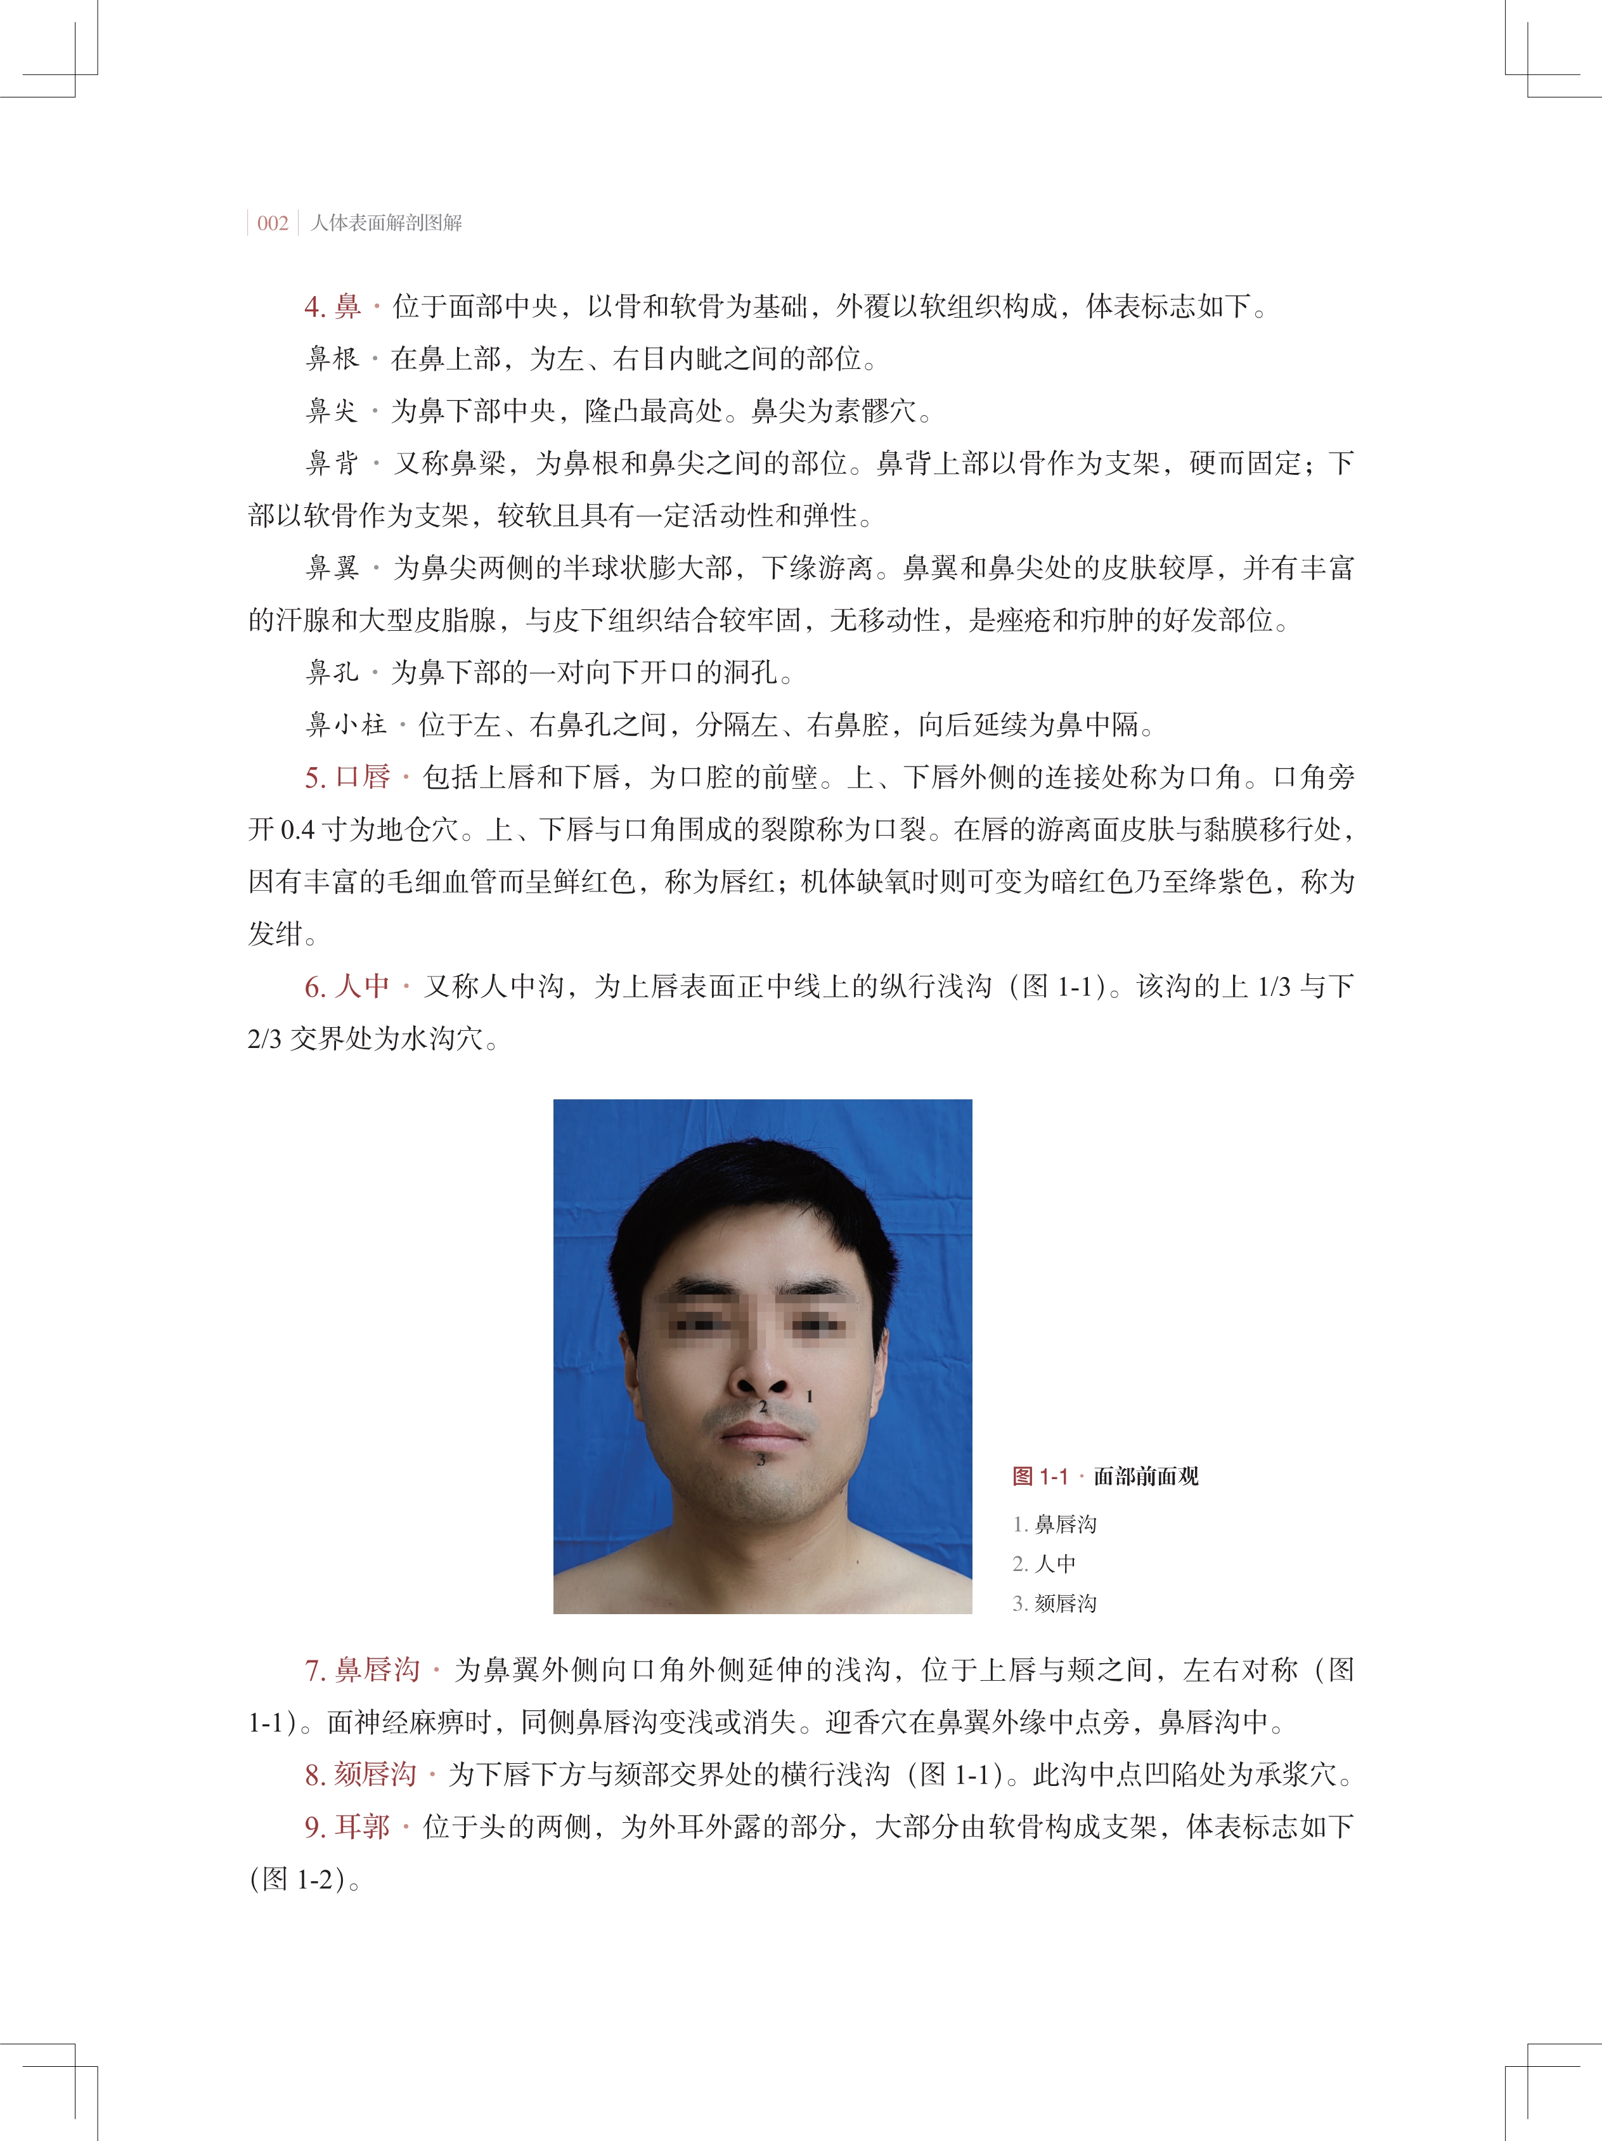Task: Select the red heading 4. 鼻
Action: coord(332,307)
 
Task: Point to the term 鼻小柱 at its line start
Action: coord(346,724)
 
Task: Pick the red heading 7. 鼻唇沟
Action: coord(362,1670)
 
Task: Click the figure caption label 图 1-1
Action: coord(1040,1476)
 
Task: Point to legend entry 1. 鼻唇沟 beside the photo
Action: coord(1054,1525)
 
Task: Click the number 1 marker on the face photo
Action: coord(809,1397)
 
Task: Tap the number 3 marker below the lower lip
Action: coord(761,1459)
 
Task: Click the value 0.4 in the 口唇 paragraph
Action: coord(297,829)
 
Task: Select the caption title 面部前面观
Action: coord(1146,1476)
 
